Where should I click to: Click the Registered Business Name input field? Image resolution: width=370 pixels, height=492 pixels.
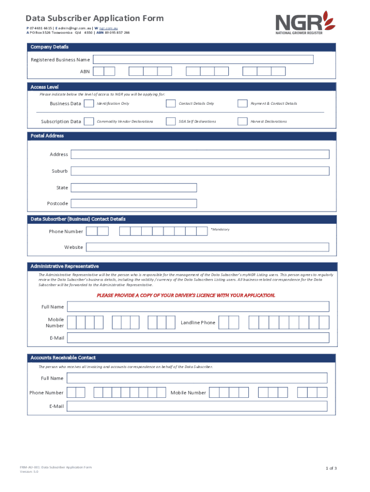pos(203,60)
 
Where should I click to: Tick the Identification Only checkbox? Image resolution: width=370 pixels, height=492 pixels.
pos(89,103)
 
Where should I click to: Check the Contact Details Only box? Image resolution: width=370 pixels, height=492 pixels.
pos(171,103)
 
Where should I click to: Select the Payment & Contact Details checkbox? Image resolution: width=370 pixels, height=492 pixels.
pos(243,103)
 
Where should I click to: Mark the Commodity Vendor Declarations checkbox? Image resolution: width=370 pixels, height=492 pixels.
pos(89,121)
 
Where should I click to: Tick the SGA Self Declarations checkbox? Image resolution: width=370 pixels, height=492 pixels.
pos(171,121)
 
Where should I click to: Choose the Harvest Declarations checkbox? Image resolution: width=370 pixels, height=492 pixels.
pos(243,121)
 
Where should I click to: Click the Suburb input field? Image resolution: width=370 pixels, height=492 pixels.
pos(200,171)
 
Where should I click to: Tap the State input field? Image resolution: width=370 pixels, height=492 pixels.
pos(134,187)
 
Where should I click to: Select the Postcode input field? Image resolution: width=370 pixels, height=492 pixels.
pos(134,203)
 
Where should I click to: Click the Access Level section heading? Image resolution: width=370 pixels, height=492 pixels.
pos(45,87)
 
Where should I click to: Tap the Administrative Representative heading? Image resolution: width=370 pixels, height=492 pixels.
pos(65,266)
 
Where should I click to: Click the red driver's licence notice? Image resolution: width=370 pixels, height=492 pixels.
pos(186,295)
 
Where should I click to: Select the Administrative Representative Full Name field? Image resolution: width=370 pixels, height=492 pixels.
pos(198,307)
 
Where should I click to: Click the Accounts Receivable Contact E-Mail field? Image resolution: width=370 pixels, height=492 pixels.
pos(197,406)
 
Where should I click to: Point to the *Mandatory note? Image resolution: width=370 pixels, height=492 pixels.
pos(220,229)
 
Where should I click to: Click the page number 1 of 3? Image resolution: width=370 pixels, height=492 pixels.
pos(332,468)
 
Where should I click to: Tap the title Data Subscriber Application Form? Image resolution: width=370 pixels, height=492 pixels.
pos(95,19)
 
